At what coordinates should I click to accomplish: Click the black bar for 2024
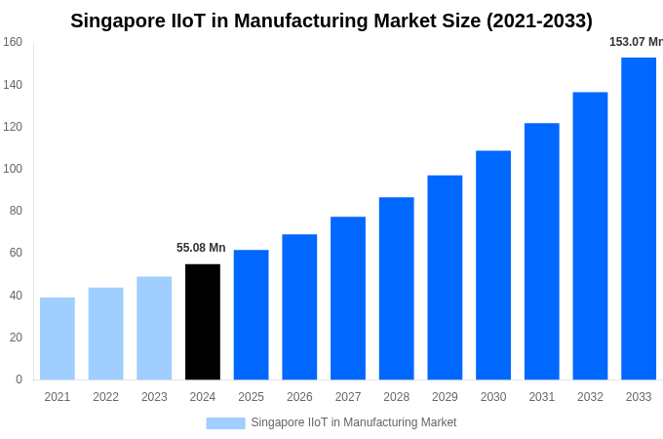pos(203,322)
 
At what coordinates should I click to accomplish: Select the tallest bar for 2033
pos(639,219)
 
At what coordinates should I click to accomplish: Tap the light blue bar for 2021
pos(58,339)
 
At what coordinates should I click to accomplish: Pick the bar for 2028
pos(396,289)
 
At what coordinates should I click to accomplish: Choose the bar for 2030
pos(493,265)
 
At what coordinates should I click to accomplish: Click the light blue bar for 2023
pos(154,328)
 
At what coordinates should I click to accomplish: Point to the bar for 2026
pos(299,307)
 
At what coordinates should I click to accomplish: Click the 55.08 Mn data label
pos(201,248)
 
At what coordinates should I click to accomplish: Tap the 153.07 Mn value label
pos(636,42)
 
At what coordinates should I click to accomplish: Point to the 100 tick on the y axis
pos(13,169)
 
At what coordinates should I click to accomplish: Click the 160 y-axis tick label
pos(13,42)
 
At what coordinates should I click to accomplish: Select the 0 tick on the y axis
pos(19,379)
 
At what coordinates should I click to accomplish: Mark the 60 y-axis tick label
pos(16,253)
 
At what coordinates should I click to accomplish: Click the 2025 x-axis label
pos(251,397)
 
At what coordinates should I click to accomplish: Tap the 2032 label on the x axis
pos(590,397)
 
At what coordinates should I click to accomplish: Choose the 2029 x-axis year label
pos(445,397)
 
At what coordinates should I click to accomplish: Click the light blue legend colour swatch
pos(225,423)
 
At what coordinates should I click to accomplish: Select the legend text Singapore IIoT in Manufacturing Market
pos(354,422)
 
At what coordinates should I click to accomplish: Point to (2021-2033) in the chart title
pos(539,20)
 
